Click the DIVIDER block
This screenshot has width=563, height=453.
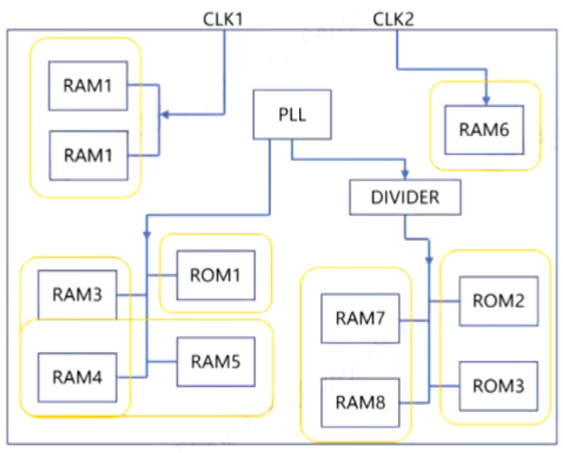[x=405, y=197]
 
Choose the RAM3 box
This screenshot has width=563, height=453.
[x=78, y=293]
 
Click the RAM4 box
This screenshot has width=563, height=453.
[x=78, y=376]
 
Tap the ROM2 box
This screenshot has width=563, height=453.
[x=498, y=301]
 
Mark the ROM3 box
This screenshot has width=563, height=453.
[x=498, y=386]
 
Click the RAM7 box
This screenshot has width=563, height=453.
[x=360, y=319]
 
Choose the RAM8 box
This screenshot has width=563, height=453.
[x=360, y=404]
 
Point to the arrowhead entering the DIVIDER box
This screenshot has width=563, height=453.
[x=406, y=174]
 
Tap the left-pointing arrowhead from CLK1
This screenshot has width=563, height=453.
[x=165, y=116]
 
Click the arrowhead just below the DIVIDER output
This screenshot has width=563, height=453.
[x=430, y=262]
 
